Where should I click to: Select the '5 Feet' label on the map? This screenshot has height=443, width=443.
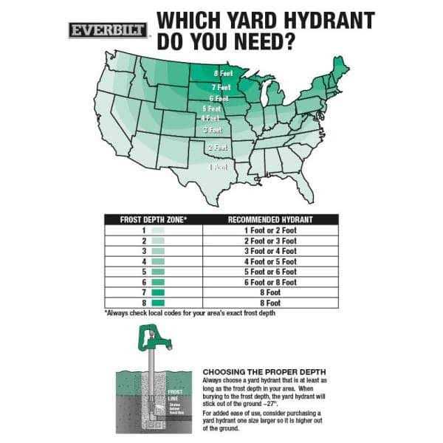tap(212, 109)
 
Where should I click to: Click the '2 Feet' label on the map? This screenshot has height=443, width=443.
tap(216, 148)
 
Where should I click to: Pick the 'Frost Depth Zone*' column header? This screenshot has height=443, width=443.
tap(154, 219)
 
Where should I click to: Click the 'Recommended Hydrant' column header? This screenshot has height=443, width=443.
tap(270, 219)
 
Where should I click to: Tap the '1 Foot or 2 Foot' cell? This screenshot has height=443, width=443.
tap(270, 230)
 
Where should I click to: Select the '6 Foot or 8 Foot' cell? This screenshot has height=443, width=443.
tap(270, 282)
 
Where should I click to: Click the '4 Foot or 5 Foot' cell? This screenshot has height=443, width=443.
tap(270, 261)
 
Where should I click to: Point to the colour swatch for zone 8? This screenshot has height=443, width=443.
tap(157, 303)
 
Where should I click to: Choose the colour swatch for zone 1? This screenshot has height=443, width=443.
tap(157, 230)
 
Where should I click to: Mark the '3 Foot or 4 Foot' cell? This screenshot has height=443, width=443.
tap(270, 251)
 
